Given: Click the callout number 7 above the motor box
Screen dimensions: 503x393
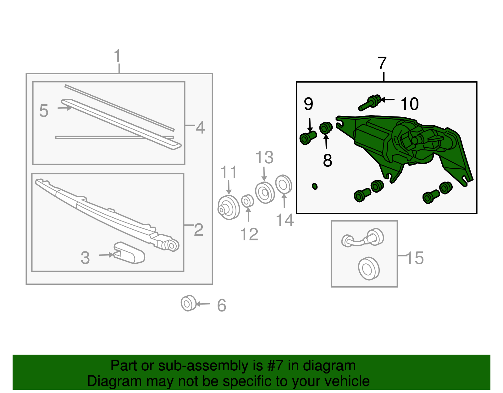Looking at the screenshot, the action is coord(382,63).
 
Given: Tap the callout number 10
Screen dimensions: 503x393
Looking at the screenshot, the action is coord(410,104).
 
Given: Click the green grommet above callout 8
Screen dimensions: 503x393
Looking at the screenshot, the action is coord(326,128).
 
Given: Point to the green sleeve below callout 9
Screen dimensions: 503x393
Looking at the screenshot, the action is coord(308,138).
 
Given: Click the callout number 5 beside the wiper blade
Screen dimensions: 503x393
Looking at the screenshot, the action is coord(44,111).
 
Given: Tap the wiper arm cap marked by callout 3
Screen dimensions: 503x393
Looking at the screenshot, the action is coord(129,253).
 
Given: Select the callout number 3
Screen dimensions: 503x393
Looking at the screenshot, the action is coord(85,258).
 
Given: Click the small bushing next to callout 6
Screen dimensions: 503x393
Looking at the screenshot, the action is coord(188,303).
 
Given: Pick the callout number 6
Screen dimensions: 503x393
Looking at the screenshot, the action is coord(222,305).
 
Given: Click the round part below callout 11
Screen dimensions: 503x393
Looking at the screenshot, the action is coord(229,207).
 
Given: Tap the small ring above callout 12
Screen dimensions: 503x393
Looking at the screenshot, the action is coord(247,201).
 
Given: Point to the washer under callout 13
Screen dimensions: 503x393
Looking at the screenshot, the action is coord(265,193).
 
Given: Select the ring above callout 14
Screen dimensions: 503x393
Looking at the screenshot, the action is coord(284,184).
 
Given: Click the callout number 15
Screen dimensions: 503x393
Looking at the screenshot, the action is coord(415,258).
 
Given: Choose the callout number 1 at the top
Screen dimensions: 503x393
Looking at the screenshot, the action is coord(118,55).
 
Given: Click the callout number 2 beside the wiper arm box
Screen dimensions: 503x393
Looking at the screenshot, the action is coord(199,230).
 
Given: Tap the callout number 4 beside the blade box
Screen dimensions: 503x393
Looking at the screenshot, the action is coord(200,127).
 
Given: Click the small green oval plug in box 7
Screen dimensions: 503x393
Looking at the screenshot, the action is coord(315,186).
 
